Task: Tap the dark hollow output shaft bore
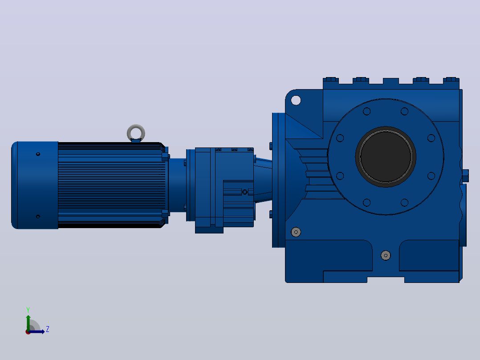click(x=386, y=156)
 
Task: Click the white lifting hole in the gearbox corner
click(x=296, y=100)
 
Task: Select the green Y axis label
click(x=28, y=310)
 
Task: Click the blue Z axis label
click(x=48, y=329)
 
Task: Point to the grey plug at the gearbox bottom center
click(x=386, y=255)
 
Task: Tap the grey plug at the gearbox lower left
click(x=296, y=232)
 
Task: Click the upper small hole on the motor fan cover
click(x=38, y=154)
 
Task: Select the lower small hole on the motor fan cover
click(x=38, y=217)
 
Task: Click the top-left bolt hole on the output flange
click(x=367, y=111)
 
